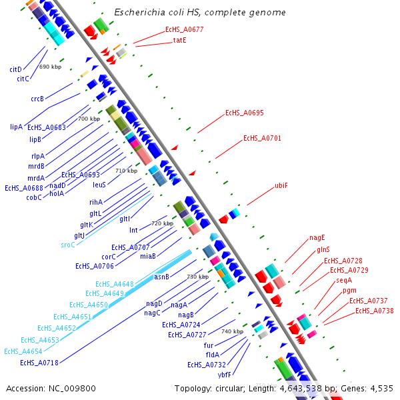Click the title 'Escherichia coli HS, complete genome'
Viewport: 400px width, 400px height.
[x=200, y=13]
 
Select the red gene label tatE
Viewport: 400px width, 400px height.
[x=180, y=41]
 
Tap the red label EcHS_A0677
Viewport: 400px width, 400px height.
[x=185, y=30]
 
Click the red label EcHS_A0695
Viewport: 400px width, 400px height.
[x=244, y=113]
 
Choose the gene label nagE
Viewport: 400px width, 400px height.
[x=317, y=238]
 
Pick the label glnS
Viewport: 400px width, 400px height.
[x=323, y=250]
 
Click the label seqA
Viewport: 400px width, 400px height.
[x=344, y=281]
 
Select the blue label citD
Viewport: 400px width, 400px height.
[x=16, y=69]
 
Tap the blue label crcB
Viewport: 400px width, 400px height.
[x=37, y=99]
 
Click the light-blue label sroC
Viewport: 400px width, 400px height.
[x=68, y=245]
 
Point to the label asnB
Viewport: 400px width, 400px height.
[x=162, y=277]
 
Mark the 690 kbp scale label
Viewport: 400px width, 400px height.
[x=51, y=67]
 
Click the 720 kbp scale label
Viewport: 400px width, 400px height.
[x=162, y=224]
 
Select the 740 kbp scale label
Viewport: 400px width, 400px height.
[x=233, y=332]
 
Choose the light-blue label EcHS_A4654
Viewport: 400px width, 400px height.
[x=23, y=351]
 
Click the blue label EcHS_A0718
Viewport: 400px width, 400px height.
[x=39, y=363]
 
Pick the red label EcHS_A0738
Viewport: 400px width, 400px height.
[x=373, y=311]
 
